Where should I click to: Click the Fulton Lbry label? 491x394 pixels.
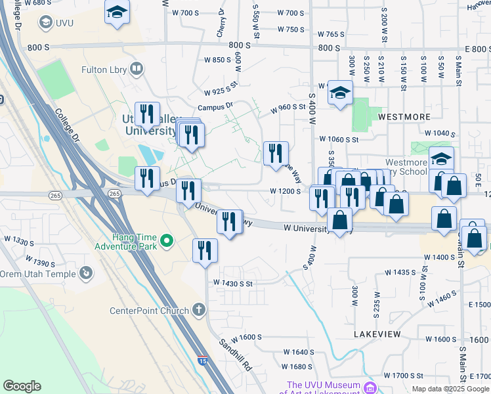coord(104,68)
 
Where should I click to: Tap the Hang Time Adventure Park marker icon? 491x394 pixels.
coord(167,241)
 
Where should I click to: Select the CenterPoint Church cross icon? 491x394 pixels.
coord(200,310)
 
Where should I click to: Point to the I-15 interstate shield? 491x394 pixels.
coord(204,361)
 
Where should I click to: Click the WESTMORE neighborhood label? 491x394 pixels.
coord(403,116)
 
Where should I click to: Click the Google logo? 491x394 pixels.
coord(22,386)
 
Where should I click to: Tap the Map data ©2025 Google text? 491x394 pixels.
coord(450,389)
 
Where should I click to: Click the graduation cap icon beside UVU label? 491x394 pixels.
coord(46,22)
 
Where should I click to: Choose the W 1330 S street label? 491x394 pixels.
coord(18,242)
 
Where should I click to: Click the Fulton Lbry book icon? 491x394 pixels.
coord(137,68)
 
